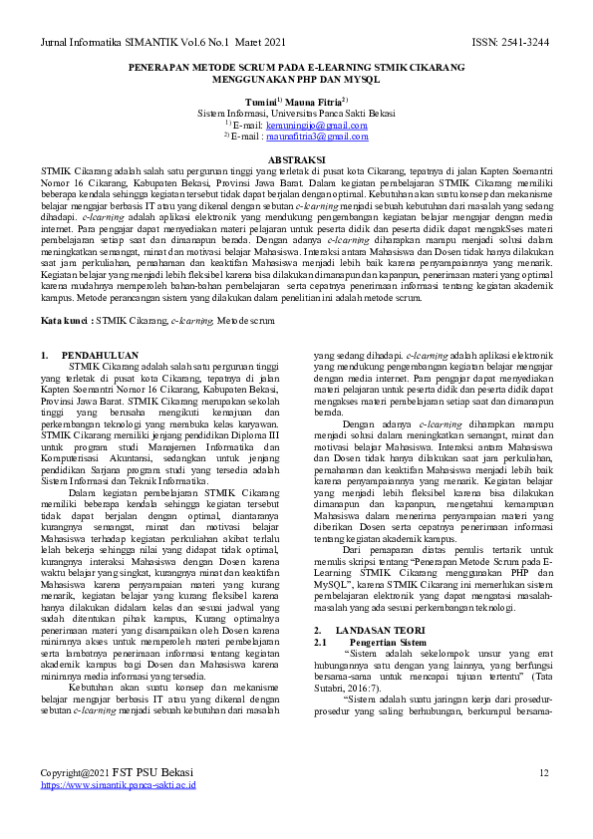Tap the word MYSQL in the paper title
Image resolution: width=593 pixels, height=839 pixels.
tap(364, 79)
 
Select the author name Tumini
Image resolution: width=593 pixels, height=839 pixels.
tap(260, 102)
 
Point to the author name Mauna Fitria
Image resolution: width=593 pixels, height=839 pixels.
tap(314, 102)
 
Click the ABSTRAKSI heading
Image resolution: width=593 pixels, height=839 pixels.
tap(296, 160)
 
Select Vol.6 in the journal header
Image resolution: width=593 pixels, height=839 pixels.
tap(188, 42)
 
